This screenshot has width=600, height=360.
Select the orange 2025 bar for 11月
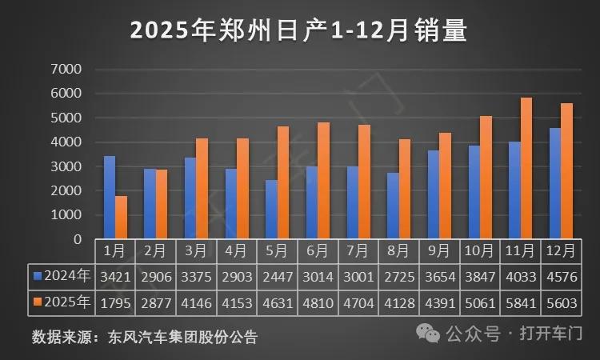526,169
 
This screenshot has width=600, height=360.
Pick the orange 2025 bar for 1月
122,218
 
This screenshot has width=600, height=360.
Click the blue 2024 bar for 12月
555,183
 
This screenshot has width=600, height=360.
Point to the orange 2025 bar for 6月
324,181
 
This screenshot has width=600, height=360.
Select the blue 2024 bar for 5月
272,210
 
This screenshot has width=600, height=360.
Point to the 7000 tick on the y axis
66,70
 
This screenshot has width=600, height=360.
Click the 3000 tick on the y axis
66,166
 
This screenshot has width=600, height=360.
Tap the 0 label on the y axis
77,239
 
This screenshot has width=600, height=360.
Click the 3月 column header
196,250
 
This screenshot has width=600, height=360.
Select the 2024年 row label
62,277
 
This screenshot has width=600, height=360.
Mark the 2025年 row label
62,304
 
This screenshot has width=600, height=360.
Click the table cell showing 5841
520,304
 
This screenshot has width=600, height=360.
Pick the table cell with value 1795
115,304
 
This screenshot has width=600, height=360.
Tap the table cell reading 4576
561,277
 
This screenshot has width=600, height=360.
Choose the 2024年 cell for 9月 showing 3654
439,277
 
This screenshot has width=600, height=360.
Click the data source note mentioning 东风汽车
145,336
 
